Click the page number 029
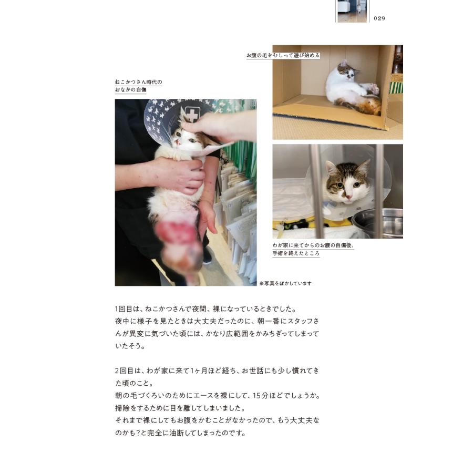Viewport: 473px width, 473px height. tap(379, 18)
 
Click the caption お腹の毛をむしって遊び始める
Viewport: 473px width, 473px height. tap(283, 55)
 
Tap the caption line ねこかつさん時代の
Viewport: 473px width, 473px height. tap(138, 82)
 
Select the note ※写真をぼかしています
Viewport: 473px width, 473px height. tap(285, 283)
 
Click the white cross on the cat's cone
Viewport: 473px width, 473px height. tap(192, 115)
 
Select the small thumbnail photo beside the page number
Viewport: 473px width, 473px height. tap(352, 11)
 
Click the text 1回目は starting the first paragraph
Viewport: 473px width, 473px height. tap(127, 309)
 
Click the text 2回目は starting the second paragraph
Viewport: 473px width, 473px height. tap(127, 371)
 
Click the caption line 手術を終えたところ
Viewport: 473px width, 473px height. tap(296, 253)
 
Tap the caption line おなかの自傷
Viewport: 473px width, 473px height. tap(130, 90)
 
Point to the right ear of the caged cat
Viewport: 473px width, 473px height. tap(364, 168)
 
